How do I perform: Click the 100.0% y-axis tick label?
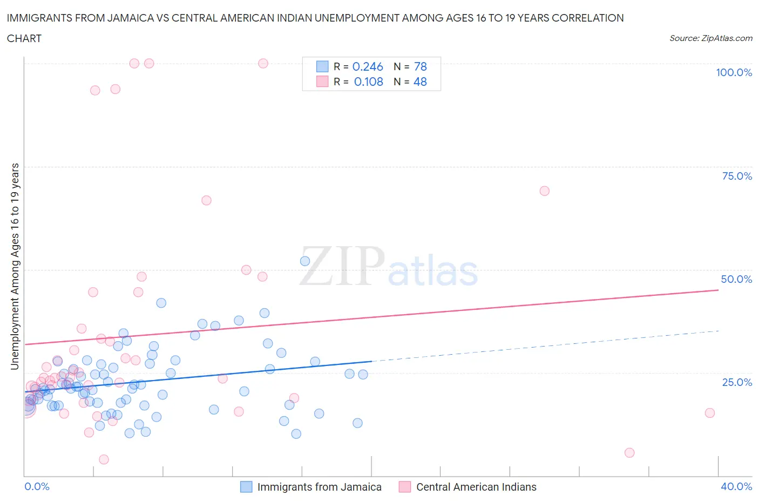point(734,72)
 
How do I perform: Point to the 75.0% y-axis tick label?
point(737,176)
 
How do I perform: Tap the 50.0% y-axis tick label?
point(736,279)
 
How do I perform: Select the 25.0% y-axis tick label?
point(737,382)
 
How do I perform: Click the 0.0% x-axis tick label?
point(37,486)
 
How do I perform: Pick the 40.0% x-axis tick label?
point(736,486)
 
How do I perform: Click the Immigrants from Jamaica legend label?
point(319,487)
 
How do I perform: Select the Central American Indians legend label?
point(476,487)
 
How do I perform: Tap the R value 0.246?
point(368,66)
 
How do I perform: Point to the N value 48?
point(420,82)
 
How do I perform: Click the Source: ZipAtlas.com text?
point(710,38)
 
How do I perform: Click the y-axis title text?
point(15,267)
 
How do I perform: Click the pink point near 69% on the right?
point(544,191)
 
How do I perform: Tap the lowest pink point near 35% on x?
point(629,453)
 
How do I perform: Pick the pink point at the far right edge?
point(710,413)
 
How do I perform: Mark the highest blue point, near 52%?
point(305,261)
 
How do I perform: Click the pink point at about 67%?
point(206,200)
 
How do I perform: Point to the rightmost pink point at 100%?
point(263,63)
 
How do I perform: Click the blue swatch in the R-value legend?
point(322,66)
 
